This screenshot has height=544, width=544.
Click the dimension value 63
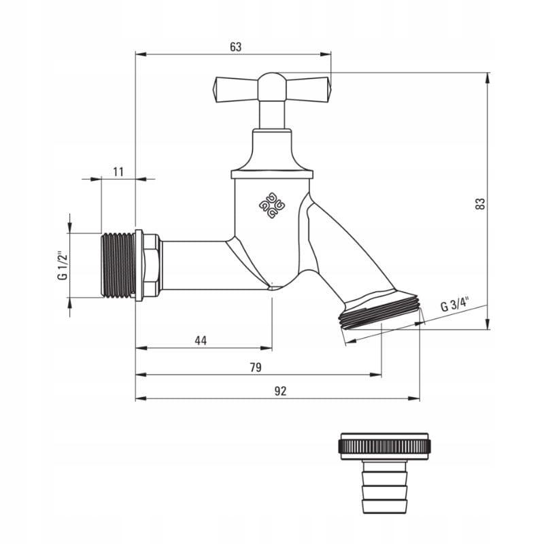(x=235, y=47)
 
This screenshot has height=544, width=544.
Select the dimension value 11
(x=118, y=172)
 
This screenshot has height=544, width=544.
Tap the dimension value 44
(x=201, y=341)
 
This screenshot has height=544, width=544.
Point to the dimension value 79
(x=256, y=367)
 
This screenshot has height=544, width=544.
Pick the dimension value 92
(x=280, y=391)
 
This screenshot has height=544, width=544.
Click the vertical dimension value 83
(x=480, y=203)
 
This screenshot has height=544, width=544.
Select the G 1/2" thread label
(x=63, y=265)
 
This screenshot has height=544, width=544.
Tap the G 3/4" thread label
(x=455, y=305)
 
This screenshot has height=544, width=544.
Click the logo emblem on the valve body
(x=272, y=205)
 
